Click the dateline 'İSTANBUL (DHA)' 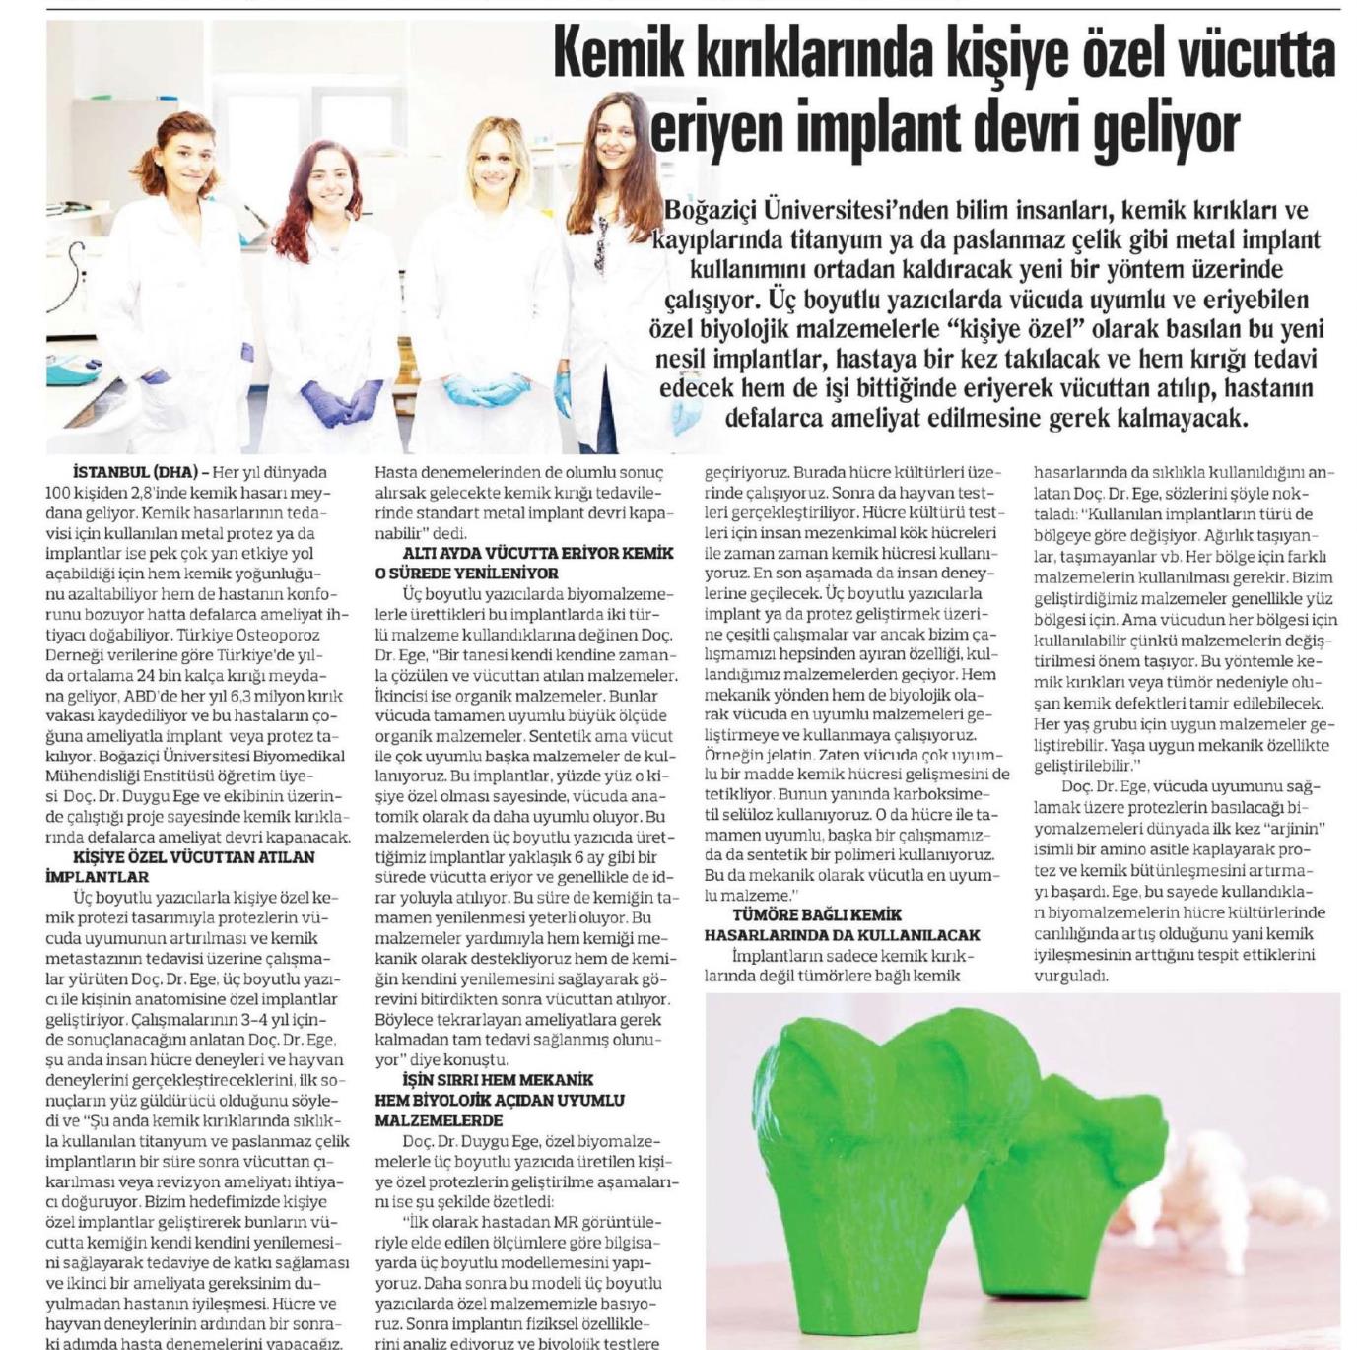point(135,472)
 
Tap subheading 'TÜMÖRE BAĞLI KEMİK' point(802,913)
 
